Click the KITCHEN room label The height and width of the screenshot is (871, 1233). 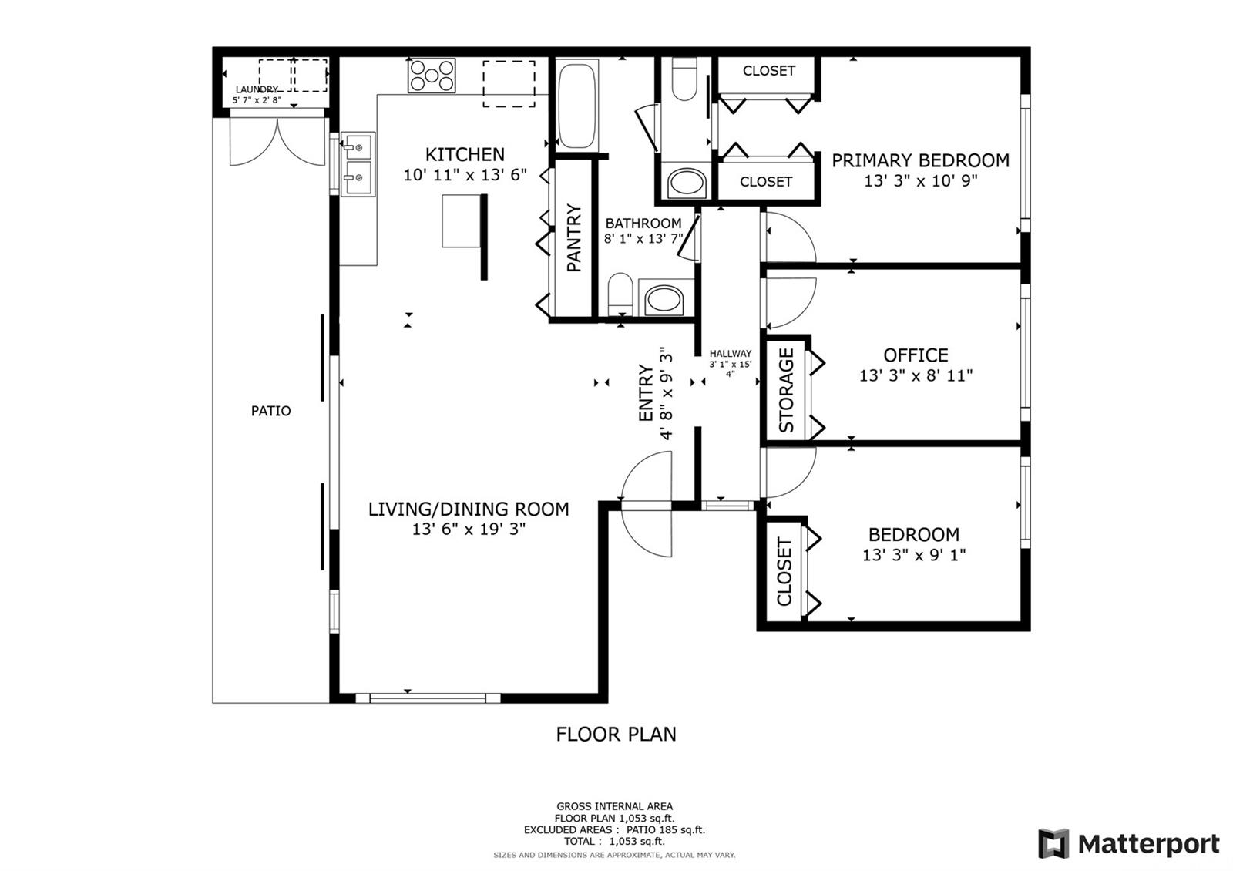click(465, 155)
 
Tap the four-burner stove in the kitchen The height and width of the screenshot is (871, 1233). click(432, 76)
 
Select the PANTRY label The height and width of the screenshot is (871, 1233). click(573, 238)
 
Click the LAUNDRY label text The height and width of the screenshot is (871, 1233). click(257, 89)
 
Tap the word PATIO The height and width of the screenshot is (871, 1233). click(270, 411)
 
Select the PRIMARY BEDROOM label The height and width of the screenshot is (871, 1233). click(920, 161)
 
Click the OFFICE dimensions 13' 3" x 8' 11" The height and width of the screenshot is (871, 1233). click(916, 375)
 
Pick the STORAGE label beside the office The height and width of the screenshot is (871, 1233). click(787, 390)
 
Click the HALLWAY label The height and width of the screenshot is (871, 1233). click(731, 354)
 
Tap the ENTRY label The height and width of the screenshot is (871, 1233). click(645, 392)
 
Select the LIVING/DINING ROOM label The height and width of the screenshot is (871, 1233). click(469, 509)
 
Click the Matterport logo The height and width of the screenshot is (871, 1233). click(1129, 843)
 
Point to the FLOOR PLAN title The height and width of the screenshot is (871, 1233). click(616, 734)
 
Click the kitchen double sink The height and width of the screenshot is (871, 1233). click(358, 163)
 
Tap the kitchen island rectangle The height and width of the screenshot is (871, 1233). click(462, 221)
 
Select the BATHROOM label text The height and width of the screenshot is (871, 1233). click(643, 223)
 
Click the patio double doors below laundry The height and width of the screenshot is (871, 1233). click(277, 140)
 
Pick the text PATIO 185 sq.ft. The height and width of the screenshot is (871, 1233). click(666, 829)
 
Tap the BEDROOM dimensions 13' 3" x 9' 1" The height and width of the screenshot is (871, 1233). click(914, 554)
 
